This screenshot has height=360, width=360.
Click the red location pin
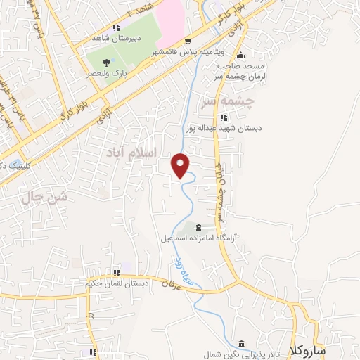pyautogui.click(x=181, y=165)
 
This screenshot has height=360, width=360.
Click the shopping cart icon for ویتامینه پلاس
pyautogui.click(x=188, y=41)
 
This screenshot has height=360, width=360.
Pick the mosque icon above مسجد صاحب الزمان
pyautogui.click(x=241, y=56)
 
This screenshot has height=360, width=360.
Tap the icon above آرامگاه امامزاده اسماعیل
pyautogui.click(x=198, y=227)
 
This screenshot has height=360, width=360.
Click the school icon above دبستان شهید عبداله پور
pyautogui.click(x=224, y=117)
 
